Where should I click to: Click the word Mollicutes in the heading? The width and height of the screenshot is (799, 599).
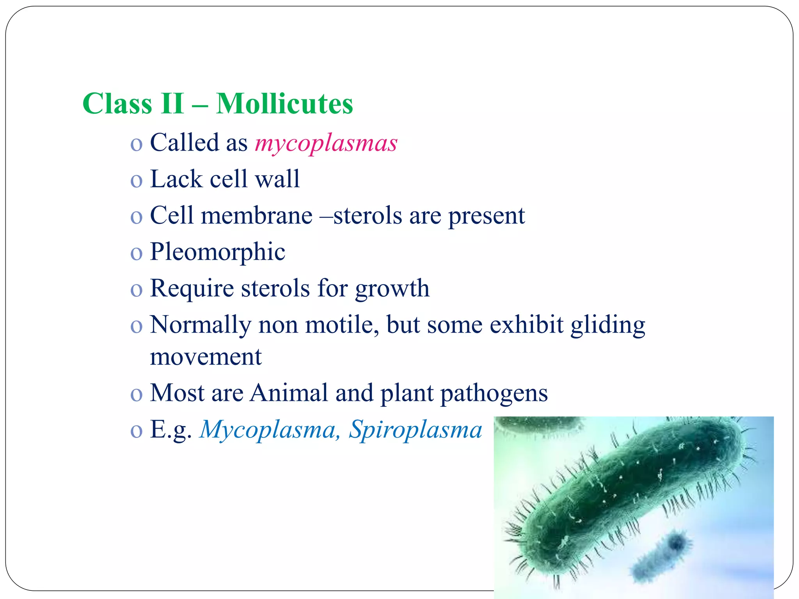[x=284, y=104]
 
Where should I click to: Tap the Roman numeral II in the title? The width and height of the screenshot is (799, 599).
[x=172, y=104]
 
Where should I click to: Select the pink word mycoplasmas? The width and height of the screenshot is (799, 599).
[x=326, y=143]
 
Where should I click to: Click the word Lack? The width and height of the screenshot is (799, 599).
[x=176, y=179]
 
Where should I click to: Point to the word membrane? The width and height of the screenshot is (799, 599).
[x=256, y=215]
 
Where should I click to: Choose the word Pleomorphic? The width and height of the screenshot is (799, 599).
[x=217, y=252]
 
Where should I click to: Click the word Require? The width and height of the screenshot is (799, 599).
[x=192, y=289]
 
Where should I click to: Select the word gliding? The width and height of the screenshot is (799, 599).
[x=607, y=325]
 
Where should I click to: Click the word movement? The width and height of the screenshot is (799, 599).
[x=206, y=356]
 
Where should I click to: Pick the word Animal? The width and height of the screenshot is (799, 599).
[x=289, y=393]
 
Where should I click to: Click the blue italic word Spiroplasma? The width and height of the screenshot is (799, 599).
[x=415, y=430]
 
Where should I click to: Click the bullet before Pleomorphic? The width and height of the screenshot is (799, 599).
[x=136, y=253]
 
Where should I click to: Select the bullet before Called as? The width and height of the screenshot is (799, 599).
[x=136, y=144]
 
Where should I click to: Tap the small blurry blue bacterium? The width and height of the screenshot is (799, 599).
[x=663, y=554]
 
